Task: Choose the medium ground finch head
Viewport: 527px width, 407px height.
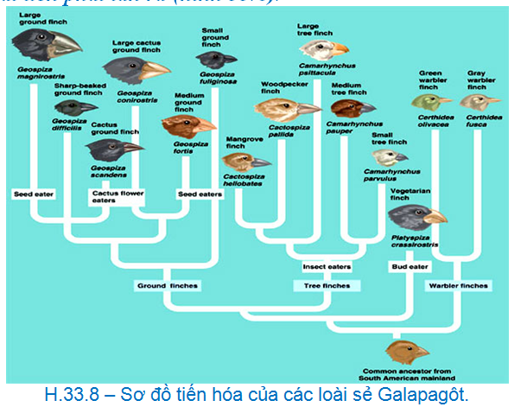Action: (187, 127)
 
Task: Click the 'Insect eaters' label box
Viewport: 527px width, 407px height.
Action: (326, 267)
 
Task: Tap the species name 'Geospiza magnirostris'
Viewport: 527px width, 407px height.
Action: (35, 72)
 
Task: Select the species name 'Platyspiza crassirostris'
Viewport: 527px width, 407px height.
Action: (417, 240)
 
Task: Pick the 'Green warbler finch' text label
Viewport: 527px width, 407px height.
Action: (435, 80)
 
